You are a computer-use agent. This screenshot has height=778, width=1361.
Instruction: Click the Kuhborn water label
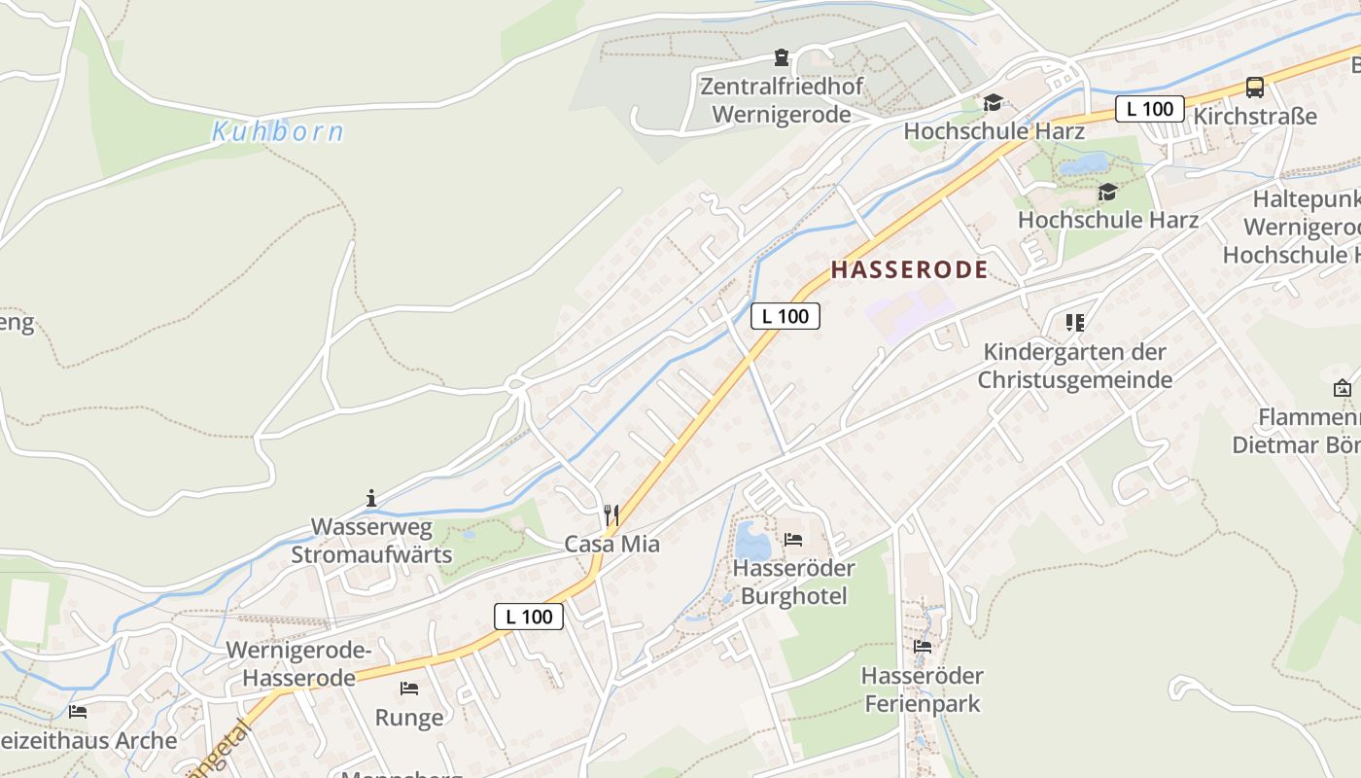click(x=278, y=131)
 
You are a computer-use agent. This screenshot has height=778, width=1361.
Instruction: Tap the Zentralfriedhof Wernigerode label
click(x=782, y=100)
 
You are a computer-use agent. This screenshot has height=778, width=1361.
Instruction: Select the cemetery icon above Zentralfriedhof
click(x=782, y=57)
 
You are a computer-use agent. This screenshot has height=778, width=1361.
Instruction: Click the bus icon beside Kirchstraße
click(x=1255, y=88)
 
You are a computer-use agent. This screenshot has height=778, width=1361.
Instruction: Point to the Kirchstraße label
click(x=1255, y=117)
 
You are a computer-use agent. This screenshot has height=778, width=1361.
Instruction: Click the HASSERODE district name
click(x=909, y=269)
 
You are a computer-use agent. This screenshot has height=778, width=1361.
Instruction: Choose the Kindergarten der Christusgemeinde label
click(x=1074, y=366)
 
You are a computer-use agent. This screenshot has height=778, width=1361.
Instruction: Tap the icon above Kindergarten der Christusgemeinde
click(x=1074, y=322)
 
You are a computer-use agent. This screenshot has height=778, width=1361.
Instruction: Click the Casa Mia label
click(x=612, y=545)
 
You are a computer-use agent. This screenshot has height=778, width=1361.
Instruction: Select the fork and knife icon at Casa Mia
click(x=611, y=515)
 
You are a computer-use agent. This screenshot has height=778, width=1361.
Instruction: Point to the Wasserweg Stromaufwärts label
click(x=371, y=541)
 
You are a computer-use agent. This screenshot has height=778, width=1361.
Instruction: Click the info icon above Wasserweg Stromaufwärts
click(x=371, y=499)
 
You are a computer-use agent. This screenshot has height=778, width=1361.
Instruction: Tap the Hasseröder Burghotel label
click(x=793, y=582)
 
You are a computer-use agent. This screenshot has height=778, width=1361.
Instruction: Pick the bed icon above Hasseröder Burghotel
click(x=793, y=540)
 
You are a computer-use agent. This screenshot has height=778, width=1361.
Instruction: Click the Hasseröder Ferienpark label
click(x=923, y=689)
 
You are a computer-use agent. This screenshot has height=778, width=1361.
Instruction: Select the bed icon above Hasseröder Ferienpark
click(x=923, y=646)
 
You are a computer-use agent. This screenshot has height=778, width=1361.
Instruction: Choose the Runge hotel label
click(x=409, y=718)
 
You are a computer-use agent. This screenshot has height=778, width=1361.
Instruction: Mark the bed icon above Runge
click(x=409, y=689)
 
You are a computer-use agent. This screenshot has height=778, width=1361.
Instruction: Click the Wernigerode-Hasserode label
click(x=298, y=663)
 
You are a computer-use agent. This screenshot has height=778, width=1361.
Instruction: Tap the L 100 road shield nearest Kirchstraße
click(x=1150, y=109)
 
